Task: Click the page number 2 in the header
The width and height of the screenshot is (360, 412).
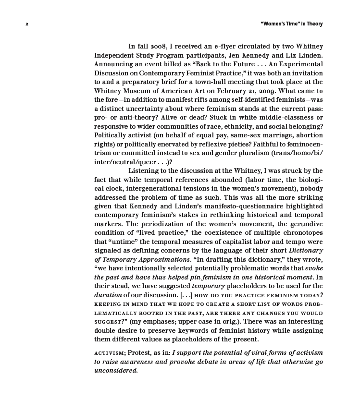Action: point(27,24)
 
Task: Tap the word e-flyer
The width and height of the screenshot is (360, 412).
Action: point(216,47)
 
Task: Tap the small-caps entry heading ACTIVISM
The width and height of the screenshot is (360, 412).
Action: point(109,353)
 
